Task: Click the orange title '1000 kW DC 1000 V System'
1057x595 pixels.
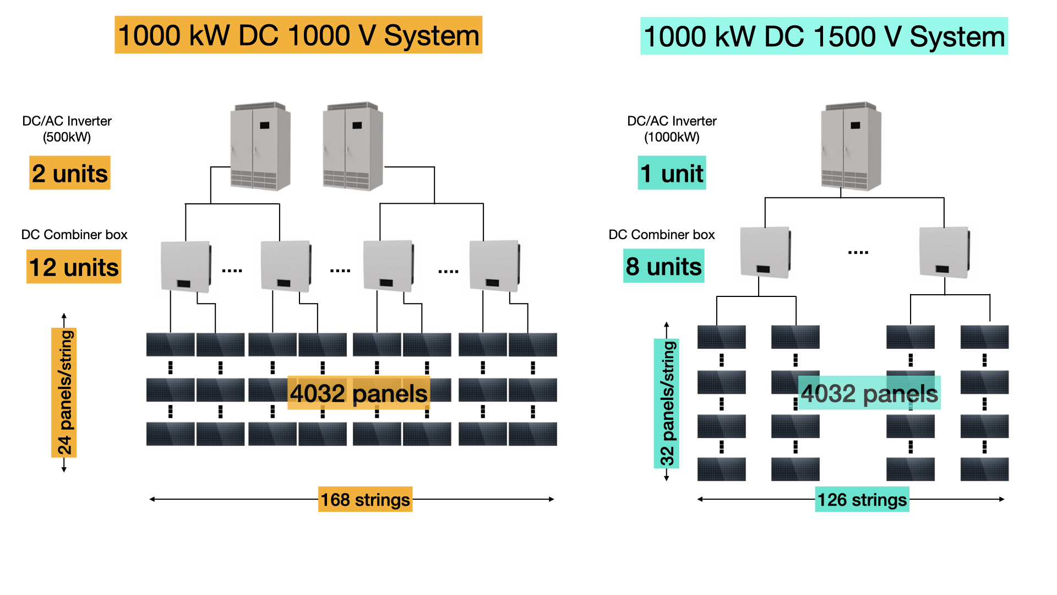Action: pos(298,35)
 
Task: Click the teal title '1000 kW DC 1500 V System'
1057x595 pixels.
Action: pos(824,36)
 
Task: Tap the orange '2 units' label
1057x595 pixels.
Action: pos(69,173)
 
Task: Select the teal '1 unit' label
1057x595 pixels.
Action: pos(671,173)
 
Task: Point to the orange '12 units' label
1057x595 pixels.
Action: pos(74,267)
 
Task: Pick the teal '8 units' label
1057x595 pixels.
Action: pos(663,266)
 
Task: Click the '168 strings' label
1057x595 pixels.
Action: pos(365,499)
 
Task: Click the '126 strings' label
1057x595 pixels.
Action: pos(862,499)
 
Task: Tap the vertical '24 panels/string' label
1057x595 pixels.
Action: pos(64,392)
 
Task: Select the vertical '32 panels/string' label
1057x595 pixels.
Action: pos(667,403)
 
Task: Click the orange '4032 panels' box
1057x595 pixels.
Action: pos(358,393)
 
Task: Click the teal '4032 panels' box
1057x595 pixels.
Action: pos(869,393)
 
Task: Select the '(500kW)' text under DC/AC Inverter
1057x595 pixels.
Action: pos(67,137)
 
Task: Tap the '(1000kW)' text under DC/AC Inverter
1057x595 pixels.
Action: pos(672,137)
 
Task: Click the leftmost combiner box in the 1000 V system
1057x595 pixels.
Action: pos(186,266)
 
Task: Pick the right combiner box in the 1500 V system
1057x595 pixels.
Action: pos(944,252)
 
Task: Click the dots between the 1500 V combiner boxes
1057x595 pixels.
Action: pos(858,252)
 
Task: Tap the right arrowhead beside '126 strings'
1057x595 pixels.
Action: pos(1002,499)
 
